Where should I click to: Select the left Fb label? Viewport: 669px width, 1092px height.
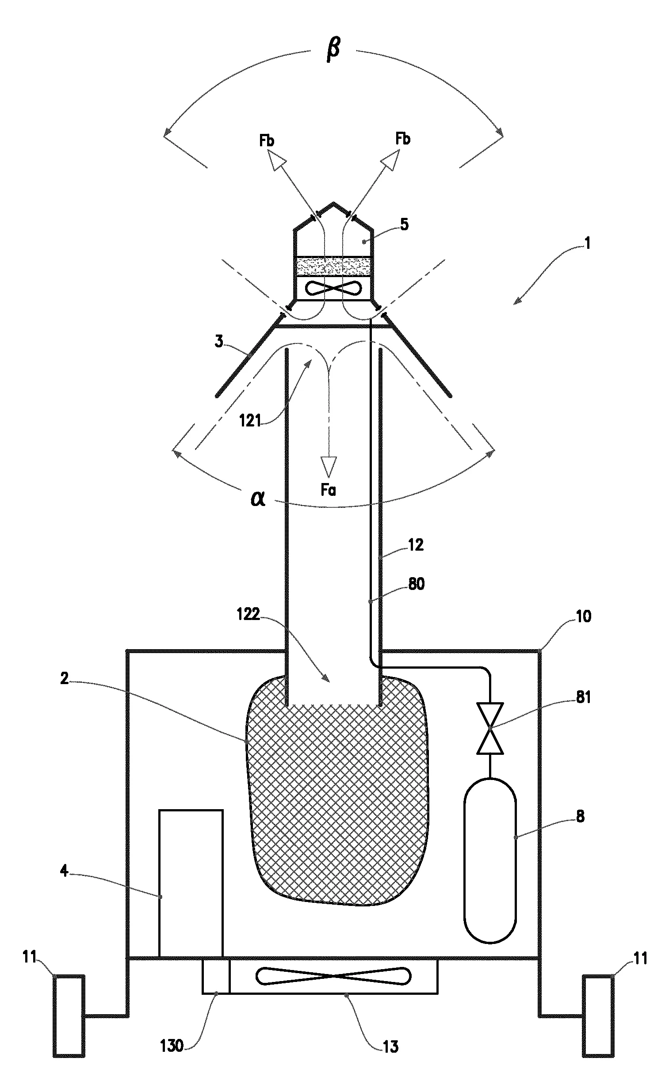pyautogui.click(x=267, y=141)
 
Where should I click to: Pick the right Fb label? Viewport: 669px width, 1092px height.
pyautogui.click(x=402, y=139)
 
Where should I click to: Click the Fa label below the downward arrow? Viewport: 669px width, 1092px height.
pyautogui.click(x=328, y=490)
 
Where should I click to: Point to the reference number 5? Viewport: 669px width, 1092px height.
pyautogui.click(x=404, y=224)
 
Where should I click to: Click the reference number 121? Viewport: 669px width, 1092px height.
pyautogui.click(x=250, y=420)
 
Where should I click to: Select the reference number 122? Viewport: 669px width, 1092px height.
pyautogui.click(x=248, y=614)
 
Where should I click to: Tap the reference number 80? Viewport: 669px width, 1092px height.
pyautogui.click(x=416, y=584)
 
